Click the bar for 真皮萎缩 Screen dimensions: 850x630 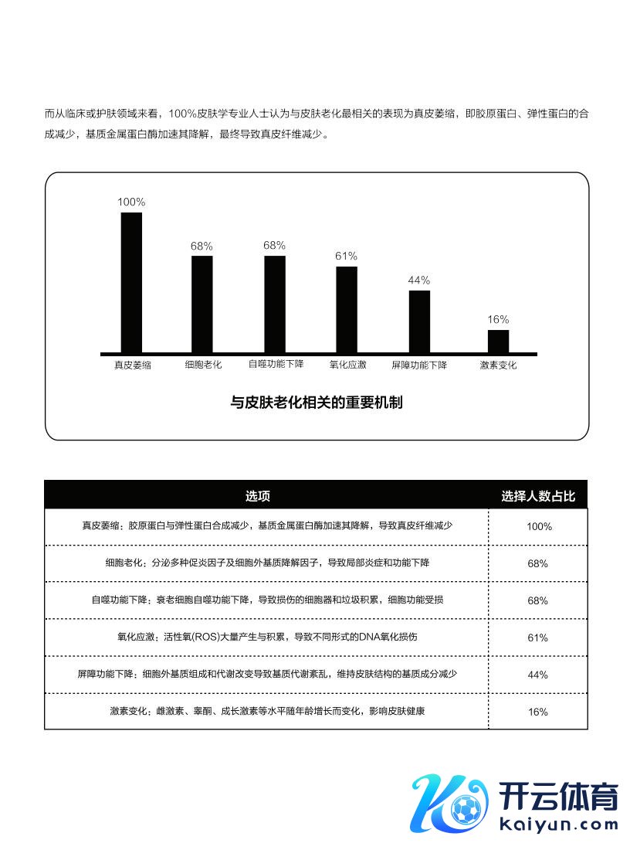[x=131, y=282]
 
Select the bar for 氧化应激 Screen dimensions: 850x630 [x=347, y=309]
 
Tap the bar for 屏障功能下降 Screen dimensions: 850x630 [x=419, y=321]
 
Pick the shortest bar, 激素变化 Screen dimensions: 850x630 [x=498, y=341]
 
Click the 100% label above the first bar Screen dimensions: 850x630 [x=131, y=202]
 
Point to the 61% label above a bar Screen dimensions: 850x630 [x=346, y=257]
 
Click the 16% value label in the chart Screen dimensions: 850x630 [x=498, y=320]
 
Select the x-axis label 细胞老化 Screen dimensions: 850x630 [x=203, y=365]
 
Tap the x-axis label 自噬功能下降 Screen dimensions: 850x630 [x=276, y=365]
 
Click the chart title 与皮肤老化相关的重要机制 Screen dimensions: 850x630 [x=317, y=403]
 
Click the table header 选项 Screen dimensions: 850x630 [x=258, y=496]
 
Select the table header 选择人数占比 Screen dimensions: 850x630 [x=538, y=496]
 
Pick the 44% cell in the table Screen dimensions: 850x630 [x=538, y=675]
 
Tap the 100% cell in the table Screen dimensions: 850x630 [x=538, y=526]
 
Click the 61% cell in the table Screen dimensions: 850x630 [x=538, y=637]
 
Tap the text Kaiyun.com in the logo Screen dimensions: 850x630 [x=559, y=824]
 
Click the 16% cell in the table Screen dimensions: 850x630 [x=538, y=712]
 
